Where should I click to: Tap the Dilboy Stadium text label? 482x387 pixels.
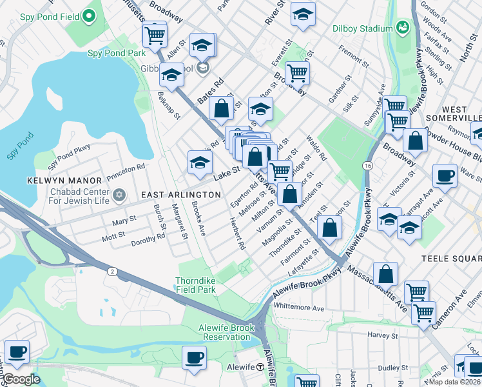[362, 28]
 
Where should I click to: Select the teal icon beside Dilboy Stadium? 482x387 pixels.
[403, 26]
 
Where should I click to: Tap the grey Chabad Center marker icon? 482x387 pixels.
[119, 195]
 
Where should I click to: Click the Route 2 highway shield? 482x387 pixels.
[112, 272]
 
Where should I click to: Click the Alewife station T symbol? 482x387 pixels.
[260, 366]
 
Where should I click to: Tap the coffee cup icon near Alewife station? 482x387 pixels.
[193, 357]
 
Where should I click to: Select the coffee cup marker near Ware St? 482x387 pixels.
[444, 176]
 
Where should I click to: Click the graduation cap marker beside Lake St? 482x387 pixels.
[200, 163]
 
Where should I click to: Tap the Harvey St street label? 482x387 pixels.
[383, 335]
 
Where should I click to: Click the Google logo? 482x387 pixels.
[21, 379]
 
